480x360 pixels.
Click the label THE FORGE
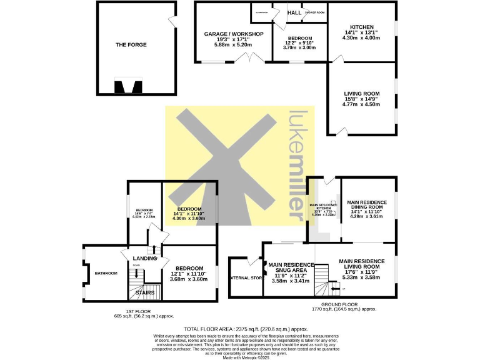[129, 44]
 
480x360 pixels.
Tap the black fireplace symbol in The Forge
[128, 86]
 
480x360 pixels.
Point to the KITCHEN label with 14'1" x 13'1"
[362, 27]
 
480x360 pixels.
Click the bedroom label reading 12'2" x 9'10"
[299, 38]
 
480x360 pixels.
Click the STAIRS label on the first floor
[145, 292]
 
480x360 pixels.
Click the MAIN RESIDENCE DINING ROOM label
[367, 206]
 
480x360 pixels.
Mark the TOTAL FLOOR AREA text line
[246, 329]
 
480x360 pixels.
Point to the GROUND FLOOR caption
[343, 304]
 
